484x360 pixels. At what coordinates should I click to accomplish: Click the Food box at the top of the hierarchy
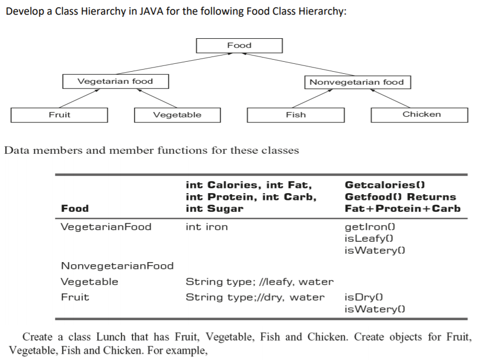(239, 46)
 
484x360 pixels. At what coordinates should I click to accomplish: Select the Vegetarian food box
(115, 81)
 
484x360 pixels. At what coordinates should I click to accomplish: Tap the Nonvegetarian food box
(357, 82)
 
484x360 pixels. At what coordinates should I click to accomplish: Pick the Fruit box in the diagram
(59, 115)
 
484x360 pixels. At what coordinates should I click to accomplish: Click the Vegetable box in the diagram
(177, 115)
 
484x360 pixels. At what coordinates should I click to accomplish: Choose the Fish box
(296, 115)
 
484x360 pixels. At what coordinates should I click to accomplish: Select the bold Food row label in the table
(75, 208)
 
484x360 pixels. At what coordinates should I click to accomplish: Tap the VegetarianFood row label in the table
(106, 227)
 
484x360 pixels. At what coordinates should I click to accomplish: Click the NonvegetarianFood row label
(117, 266)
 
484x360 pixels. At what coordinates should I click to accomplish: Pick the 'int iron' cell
(207, 227)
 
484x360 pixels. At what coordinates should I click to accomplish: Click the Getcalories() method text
(384, 185)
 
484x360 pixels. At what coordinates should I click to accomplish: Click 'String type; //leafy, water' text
(260, 282)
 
